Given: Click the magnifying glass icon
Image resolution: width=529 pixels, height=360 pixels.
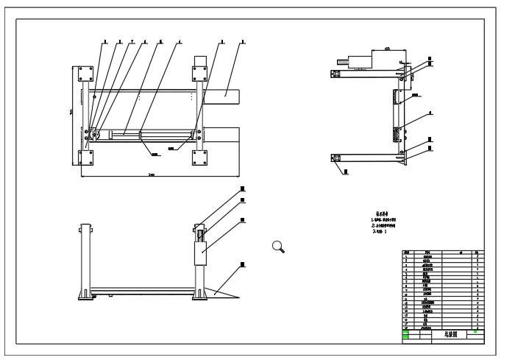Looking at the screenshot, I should pos(278,247).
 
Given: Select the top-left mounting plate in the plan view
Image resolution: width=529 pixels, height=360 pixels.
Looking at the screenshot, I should pos(83,74).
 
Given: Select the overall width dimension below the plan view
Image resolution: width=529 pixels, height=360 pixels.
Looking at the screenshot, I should pos(151,176).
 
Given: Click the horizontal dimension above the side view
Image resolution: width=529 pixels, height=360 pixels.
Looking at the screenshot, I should pos(386,49).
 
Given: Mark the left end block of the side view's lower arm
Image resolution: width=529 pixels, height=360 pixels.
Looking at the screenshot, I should pos(336,157).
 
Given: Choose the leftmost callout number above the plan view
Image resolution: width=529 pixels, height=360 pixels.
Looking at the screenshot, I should pos(104,41).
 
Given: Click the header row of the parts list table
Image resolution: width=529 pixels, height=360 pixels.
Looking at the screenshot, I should pos(442,253).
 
